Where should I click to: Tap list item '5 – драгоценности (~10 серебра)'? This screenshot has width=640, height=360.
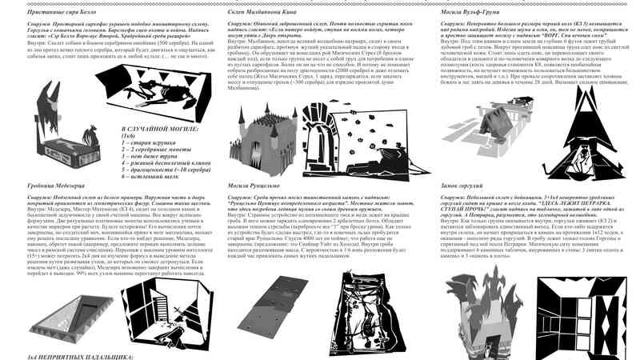point(164,169)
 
